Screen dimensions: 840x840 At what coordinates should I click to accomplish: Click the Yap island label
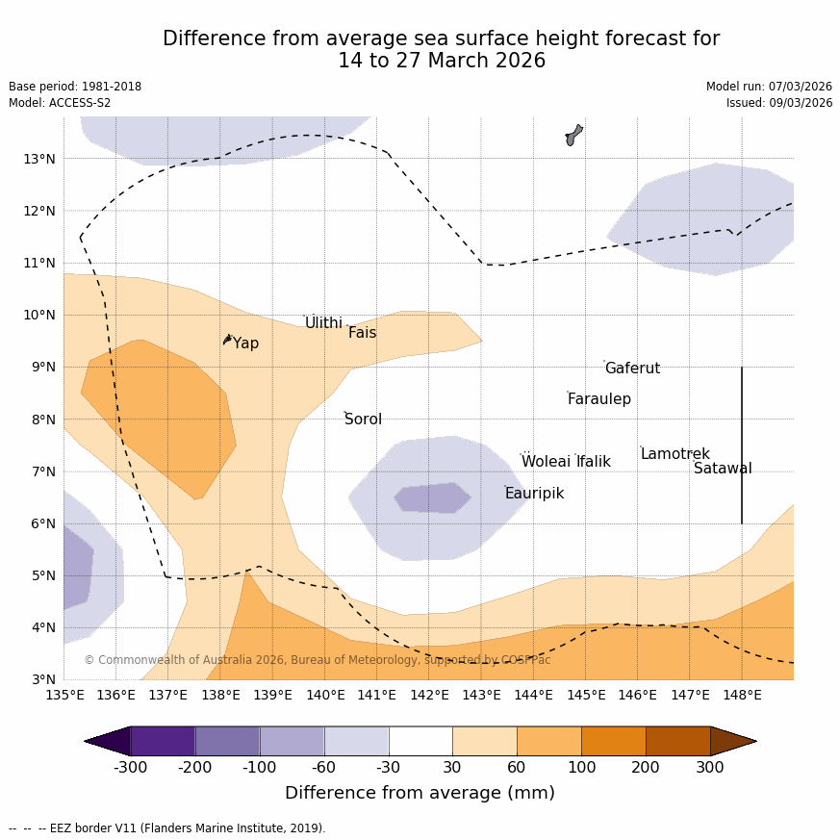(245, 344)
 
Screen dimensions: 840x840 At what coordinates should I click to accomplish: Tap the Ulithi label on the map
(323, 323)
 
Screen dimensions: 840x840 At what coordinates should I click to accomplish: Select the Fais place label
(362, 333)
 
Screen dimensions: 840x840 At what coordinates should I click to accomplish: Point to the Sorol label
(363, 420)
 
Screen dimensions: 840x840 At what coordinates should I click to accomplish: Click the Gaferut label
(632, 369)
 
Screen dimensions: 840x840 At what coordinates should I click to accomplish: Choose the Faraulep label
(598, 399)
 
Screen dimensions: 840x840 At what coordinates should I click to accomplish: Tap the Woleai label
(546, 462)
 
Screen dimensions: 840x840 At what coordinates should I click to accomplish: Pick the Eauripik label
(534, 494)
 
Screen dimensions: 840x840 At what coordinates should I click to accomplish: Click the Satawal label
(723, 469)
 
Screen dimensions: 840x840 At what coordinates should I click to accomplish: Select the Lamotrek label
(675, 454)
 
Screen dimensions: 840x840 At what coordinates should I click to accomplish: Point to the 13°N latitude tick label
(38, 159)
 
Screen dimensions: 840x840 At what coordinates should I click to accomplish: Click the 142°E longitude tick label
(429, 695)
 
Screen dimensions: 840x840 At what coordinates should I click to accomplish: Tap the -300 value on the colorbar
(131, 768)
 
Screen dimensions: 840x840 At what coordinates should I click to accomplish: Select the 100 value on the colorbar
(581, 768)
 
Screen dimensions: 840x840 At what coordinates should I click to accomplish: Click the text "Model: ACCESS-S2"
(60, 103)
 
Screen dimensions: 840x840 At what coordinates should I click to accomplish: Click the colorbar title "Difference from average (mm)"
(420, 794)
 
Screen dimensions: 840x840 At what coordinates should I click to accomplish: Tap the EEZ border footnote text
(167, 828)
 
